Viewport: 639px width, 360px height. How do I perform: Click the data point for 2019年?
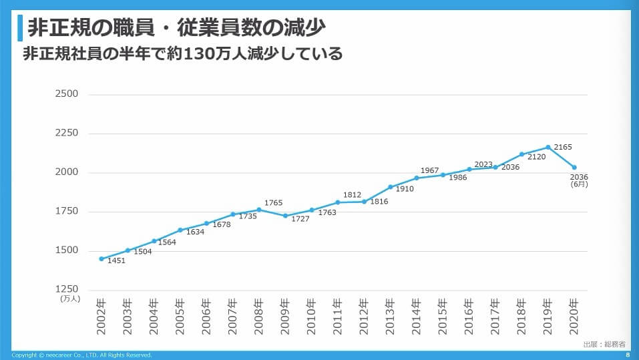(x=548, y=147)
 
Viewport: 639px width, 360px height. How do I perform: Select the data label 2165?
(x=563, y=147)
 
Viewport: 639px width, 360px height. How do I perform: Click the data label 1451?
(x=116, y=260)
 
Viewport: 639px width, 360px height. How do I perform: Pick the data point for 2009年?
(x=285, y=216)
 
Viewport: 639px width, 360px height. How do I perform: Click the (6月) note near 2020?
(x=579, y=184)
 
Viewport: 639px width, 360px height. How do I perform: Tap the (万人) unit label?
(x=70, y=299)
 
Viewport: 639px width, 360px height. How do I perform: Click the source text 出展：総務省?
(x=604, y=344)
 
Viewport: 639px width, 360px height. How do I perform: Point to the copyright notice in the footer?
(x=82, y=355)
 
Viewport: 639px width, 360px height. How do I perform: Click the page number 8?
(x=627, y=355)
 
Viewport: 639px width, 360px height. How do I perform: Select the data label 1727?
(x=300, y=219)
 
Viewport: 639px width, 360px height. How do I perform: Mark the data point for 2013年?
(x=391, y=187)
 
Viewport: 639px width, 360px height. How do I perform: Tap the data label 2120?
(x=537, y=157)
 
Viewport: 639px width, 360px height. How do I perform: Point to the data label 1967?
(x=430, y=171)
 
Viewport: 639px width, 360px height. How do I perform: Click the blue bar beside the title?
(x=20, y=27)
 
